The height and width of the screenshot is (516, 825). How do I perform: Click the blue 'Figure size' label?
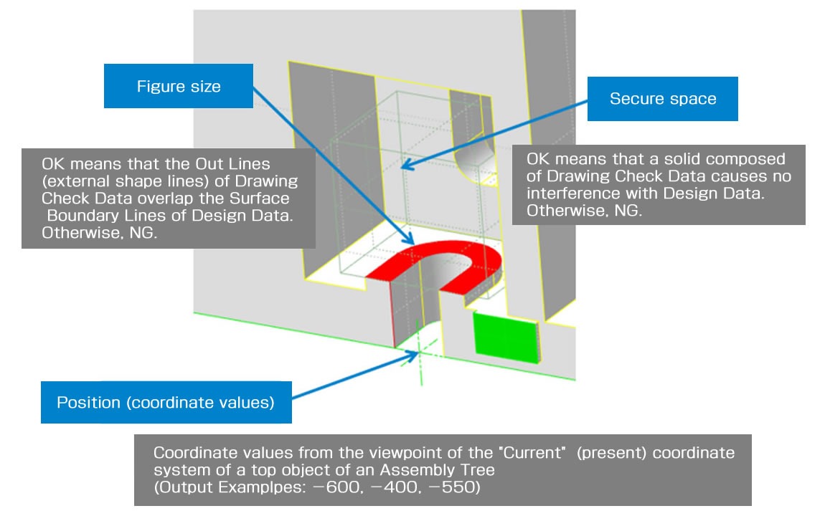pyautogui.click(x=179, y=87)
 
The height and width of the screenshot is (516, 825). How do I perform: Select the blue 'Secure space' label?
pyautogui.click(x=662, y=99)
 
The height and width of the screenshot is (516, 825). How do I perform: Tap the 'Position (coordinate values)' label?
pyautogui.click(x=166, y=403)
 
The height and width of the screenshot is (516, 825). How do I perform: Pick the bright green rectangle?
pyautogui.click(x=505, y=335)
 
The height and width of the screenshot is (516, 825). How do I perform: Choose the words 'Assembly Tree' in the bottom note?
pyautogui.click(x=449, y=471)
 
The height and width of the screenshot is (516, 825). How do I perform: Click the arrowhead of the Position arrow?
pyautogui.click(x=414, y=353)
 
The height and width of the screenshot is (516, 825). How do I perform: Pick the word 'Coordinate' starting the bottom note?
pyautogui.click(x=191, y=454)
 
